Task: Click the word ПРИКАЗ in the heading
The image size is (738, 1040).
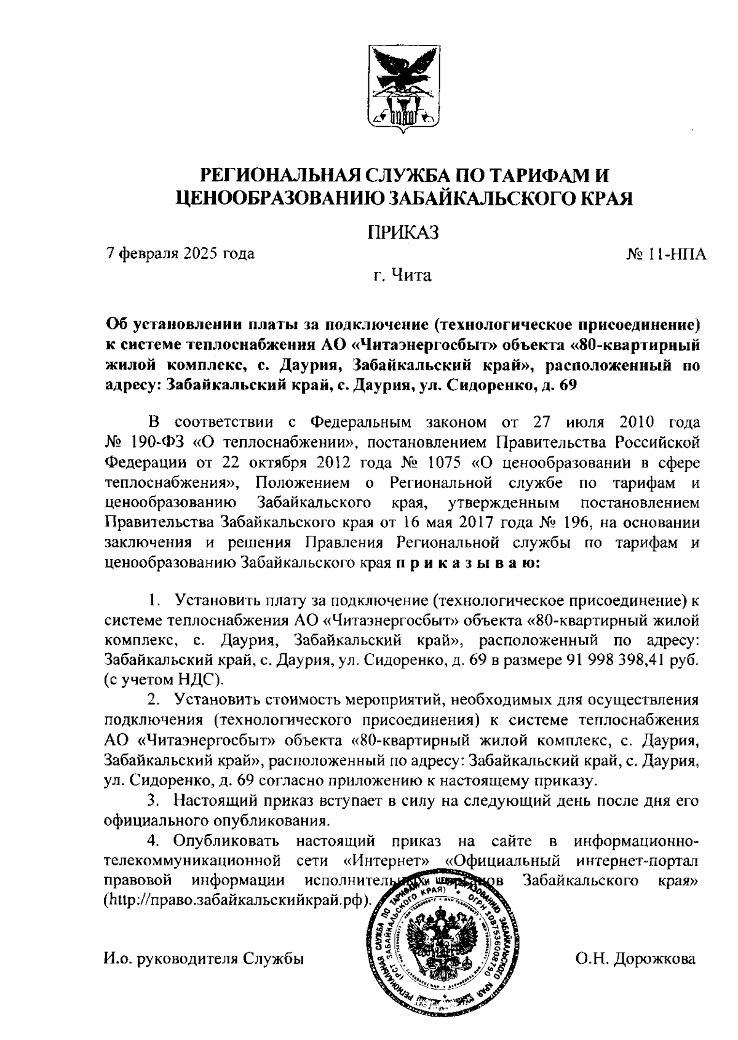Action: (x=402, y=232)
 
